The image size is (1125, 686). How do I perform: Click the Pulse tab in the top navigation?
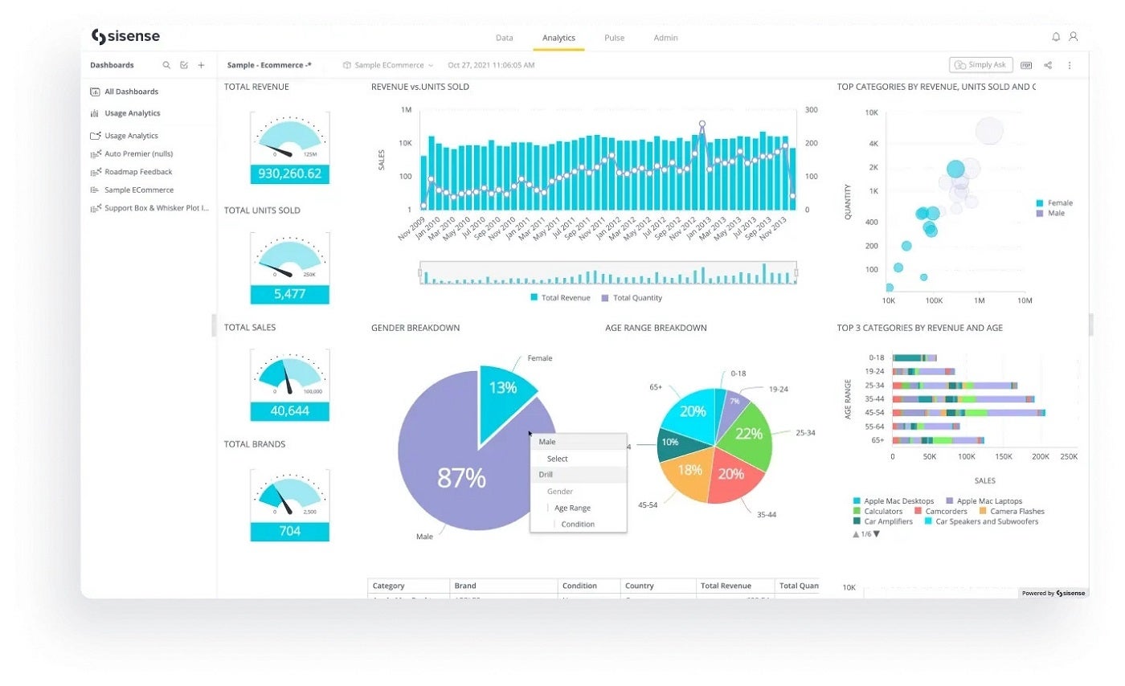click(x=614, y=38)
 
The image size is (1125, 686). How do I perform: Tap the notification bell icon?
click(x=1056, y=37)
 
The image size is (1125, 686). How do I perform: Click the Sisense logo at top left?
click(x=125, y=36)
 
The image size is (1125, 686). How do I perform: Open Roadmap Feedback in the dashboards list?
click(x=138, y=172)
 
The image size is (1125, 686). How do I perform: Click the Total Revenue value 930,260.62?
click(x=289, y=174)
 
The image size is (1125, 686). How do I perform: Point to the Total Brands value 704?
click(x=289, y=531)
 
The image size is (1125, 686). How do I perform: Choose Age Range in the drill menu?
click(x=572, y=508)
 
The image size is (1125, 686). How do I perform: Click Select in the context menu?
click(x=557, y=459)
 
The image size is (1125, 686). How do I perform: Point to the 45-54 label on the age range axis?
click(x=875, y=412)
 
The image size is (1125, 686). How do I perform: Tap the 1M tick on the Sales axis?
click(x=407, y=110)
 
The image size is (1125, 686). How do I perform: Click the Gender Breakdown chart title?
click(x=415, y=328)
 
